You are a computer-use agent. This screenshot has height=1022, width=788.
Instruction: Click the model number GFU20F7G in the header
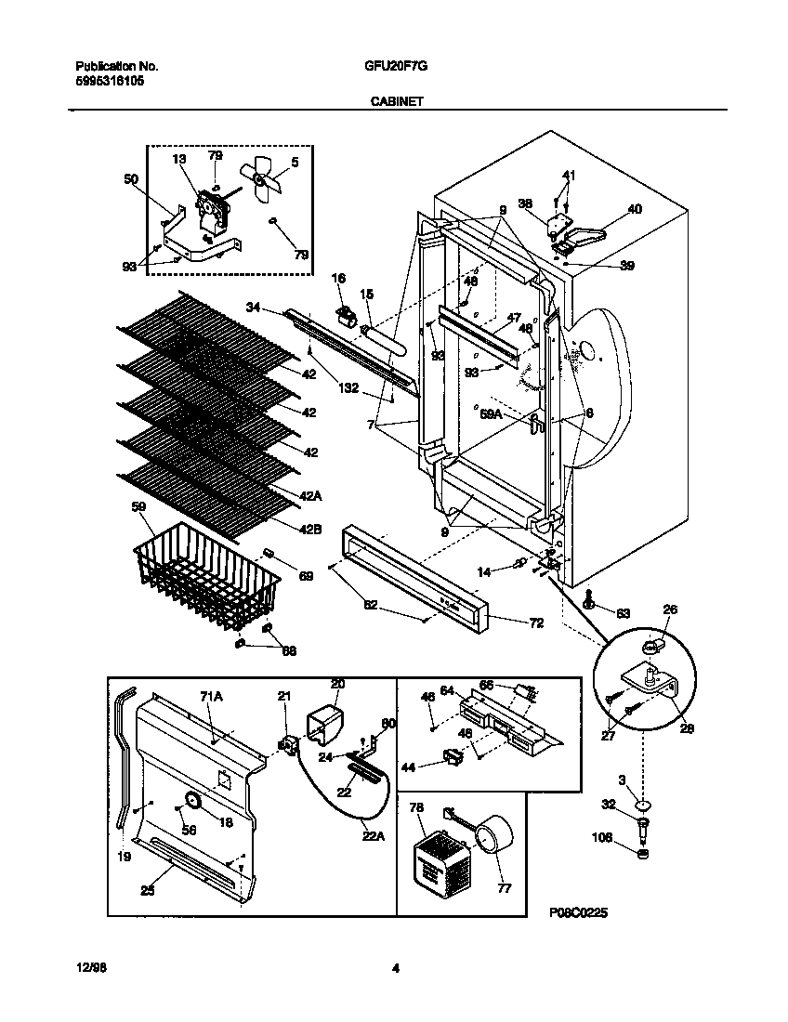[393, 67]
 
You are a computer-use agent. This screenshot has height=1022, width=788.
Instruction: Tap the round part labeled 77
[492, 832]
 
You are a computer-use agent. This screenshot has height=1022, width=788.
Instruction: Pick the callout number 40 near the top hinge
[635, 209]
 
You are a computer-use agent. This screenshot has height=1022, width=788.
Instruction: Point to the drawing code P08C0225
[578, 914]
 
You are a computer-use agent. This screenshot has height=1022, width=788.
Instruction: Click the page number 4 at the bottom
[395, 969]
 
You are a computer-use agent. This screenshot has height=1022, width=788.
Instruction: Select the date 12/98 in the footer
[85, 969]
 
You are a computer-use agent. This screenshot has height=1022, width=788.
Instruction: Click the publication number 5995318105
[109, 81]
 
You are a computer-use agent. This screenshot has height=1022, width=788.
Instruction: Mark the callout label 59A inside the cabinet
[491, 415]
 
